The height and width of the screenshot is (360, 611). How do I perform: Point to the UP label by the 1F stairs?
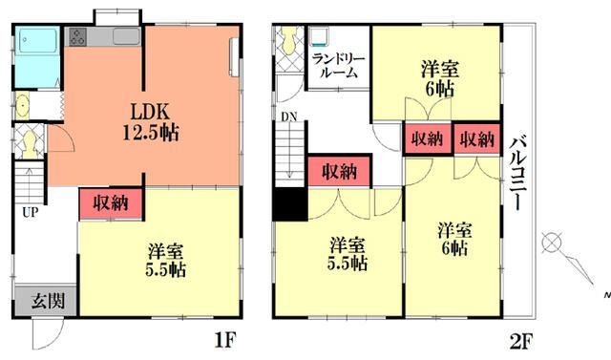coord(31,212)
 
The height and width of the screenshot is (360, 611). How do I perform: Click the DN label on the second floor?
coord(287,119)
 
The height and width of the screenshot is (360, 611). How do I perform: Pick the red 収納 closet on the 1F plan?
coord(111,202)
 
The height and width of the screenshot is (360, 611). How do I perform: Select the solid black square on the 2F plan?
coord(289,205)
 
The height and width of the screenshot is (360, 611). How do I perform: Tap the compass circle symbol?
coord(550,243)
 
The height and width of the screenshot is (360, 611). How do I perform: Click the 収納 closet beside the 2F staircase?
coord(338,173)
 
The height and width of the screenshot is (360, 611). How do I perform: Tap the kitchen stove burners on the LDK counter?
coord(78,37)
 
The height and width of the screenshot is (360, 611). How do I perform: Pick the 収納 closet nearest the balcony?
coord(476,138)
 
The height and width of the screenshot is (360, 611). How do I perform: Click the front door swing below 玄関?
coord(44,333)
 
